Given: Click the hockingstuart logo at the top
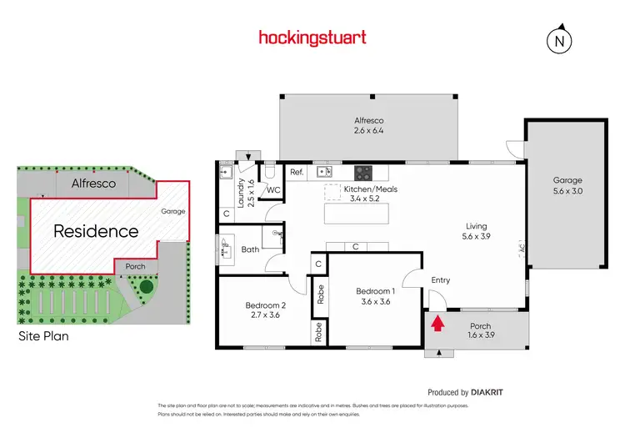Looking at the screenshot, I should (x=312, y=38).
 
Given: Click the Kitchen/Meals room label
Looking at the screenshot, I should (x=371, y=194).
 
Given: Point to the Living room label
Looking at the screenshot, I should (x=476, y=231).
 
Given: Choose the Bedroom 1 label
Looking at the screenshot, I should (x=372, y=296).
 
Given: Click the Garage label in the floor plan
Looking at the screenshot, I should (x=567, y=184).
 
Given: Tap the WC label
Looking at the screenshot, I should (x=273, y=190).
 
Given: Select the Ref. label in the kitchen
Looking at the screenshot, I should (x=296, y=173).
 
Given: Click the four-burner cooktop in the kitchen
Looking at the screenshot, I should (x=364, y=173).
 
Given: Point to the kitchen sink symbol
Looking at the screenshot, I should (x=328, y=172).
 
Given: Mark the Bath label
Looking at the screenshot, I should (x=251, y=249).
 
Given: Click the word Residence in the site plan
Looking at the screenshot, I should (x=96, y=231).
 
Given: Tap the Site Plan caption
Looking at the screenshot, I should (x=43, y=336).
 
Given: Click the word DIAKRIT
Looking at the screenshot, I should (x=487, y=392).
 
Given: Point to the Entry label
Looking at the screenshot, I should (x=440, y=280).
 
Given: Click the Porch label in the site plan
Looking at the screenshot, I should (x=135, y=267).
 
